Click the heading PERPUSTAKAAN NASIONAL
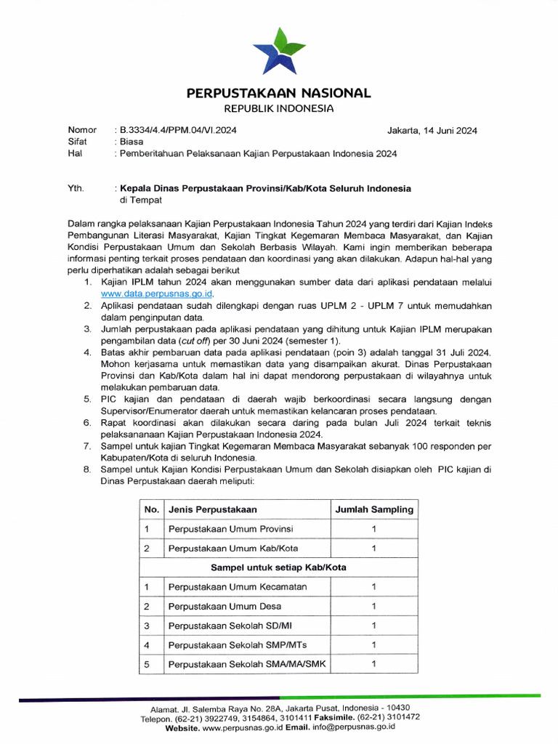[x=279, y=93]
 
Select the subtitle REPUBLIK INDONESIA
[x=279, y=109]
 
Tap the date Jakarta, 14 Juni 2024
[x=432, y=131]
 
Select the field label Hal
[x=74, y=154]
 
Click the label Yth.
[x=76, y=188]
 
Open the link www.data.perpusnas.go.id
[x=156, y=294]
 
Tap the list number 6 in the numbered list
[x=86, y=422]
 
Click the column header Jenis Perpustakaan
[x=212, y=509]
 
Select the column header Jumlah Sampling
[x=373, y=509]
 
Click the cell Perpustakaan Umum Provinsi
[x=231, y=529]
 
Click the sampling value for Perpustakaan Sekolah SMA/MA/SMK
[x=373, y=663]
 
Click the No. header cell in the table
[x=151, y=509]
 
